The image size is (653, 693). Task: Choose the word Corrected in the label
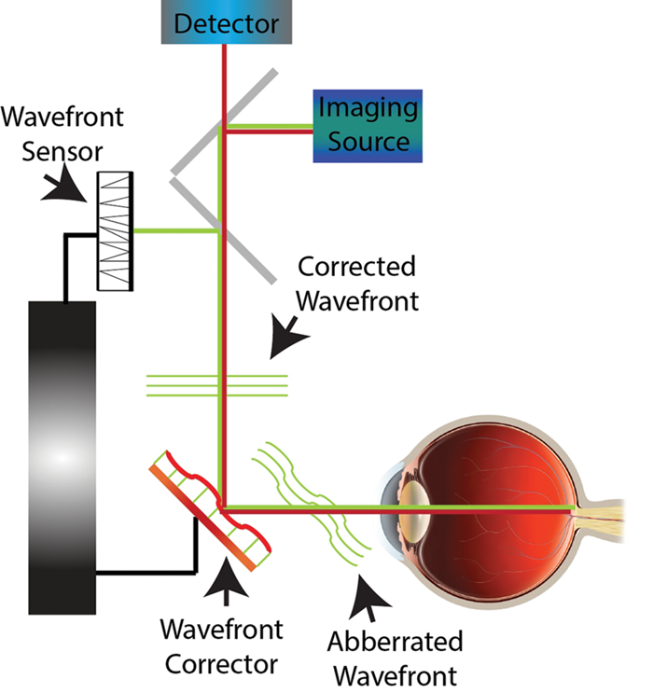coord(356,267)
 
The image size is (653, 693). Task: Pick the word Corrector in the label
coord(219,665)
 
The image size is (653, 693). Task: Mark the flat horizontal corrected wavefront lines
coord(216,385)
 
